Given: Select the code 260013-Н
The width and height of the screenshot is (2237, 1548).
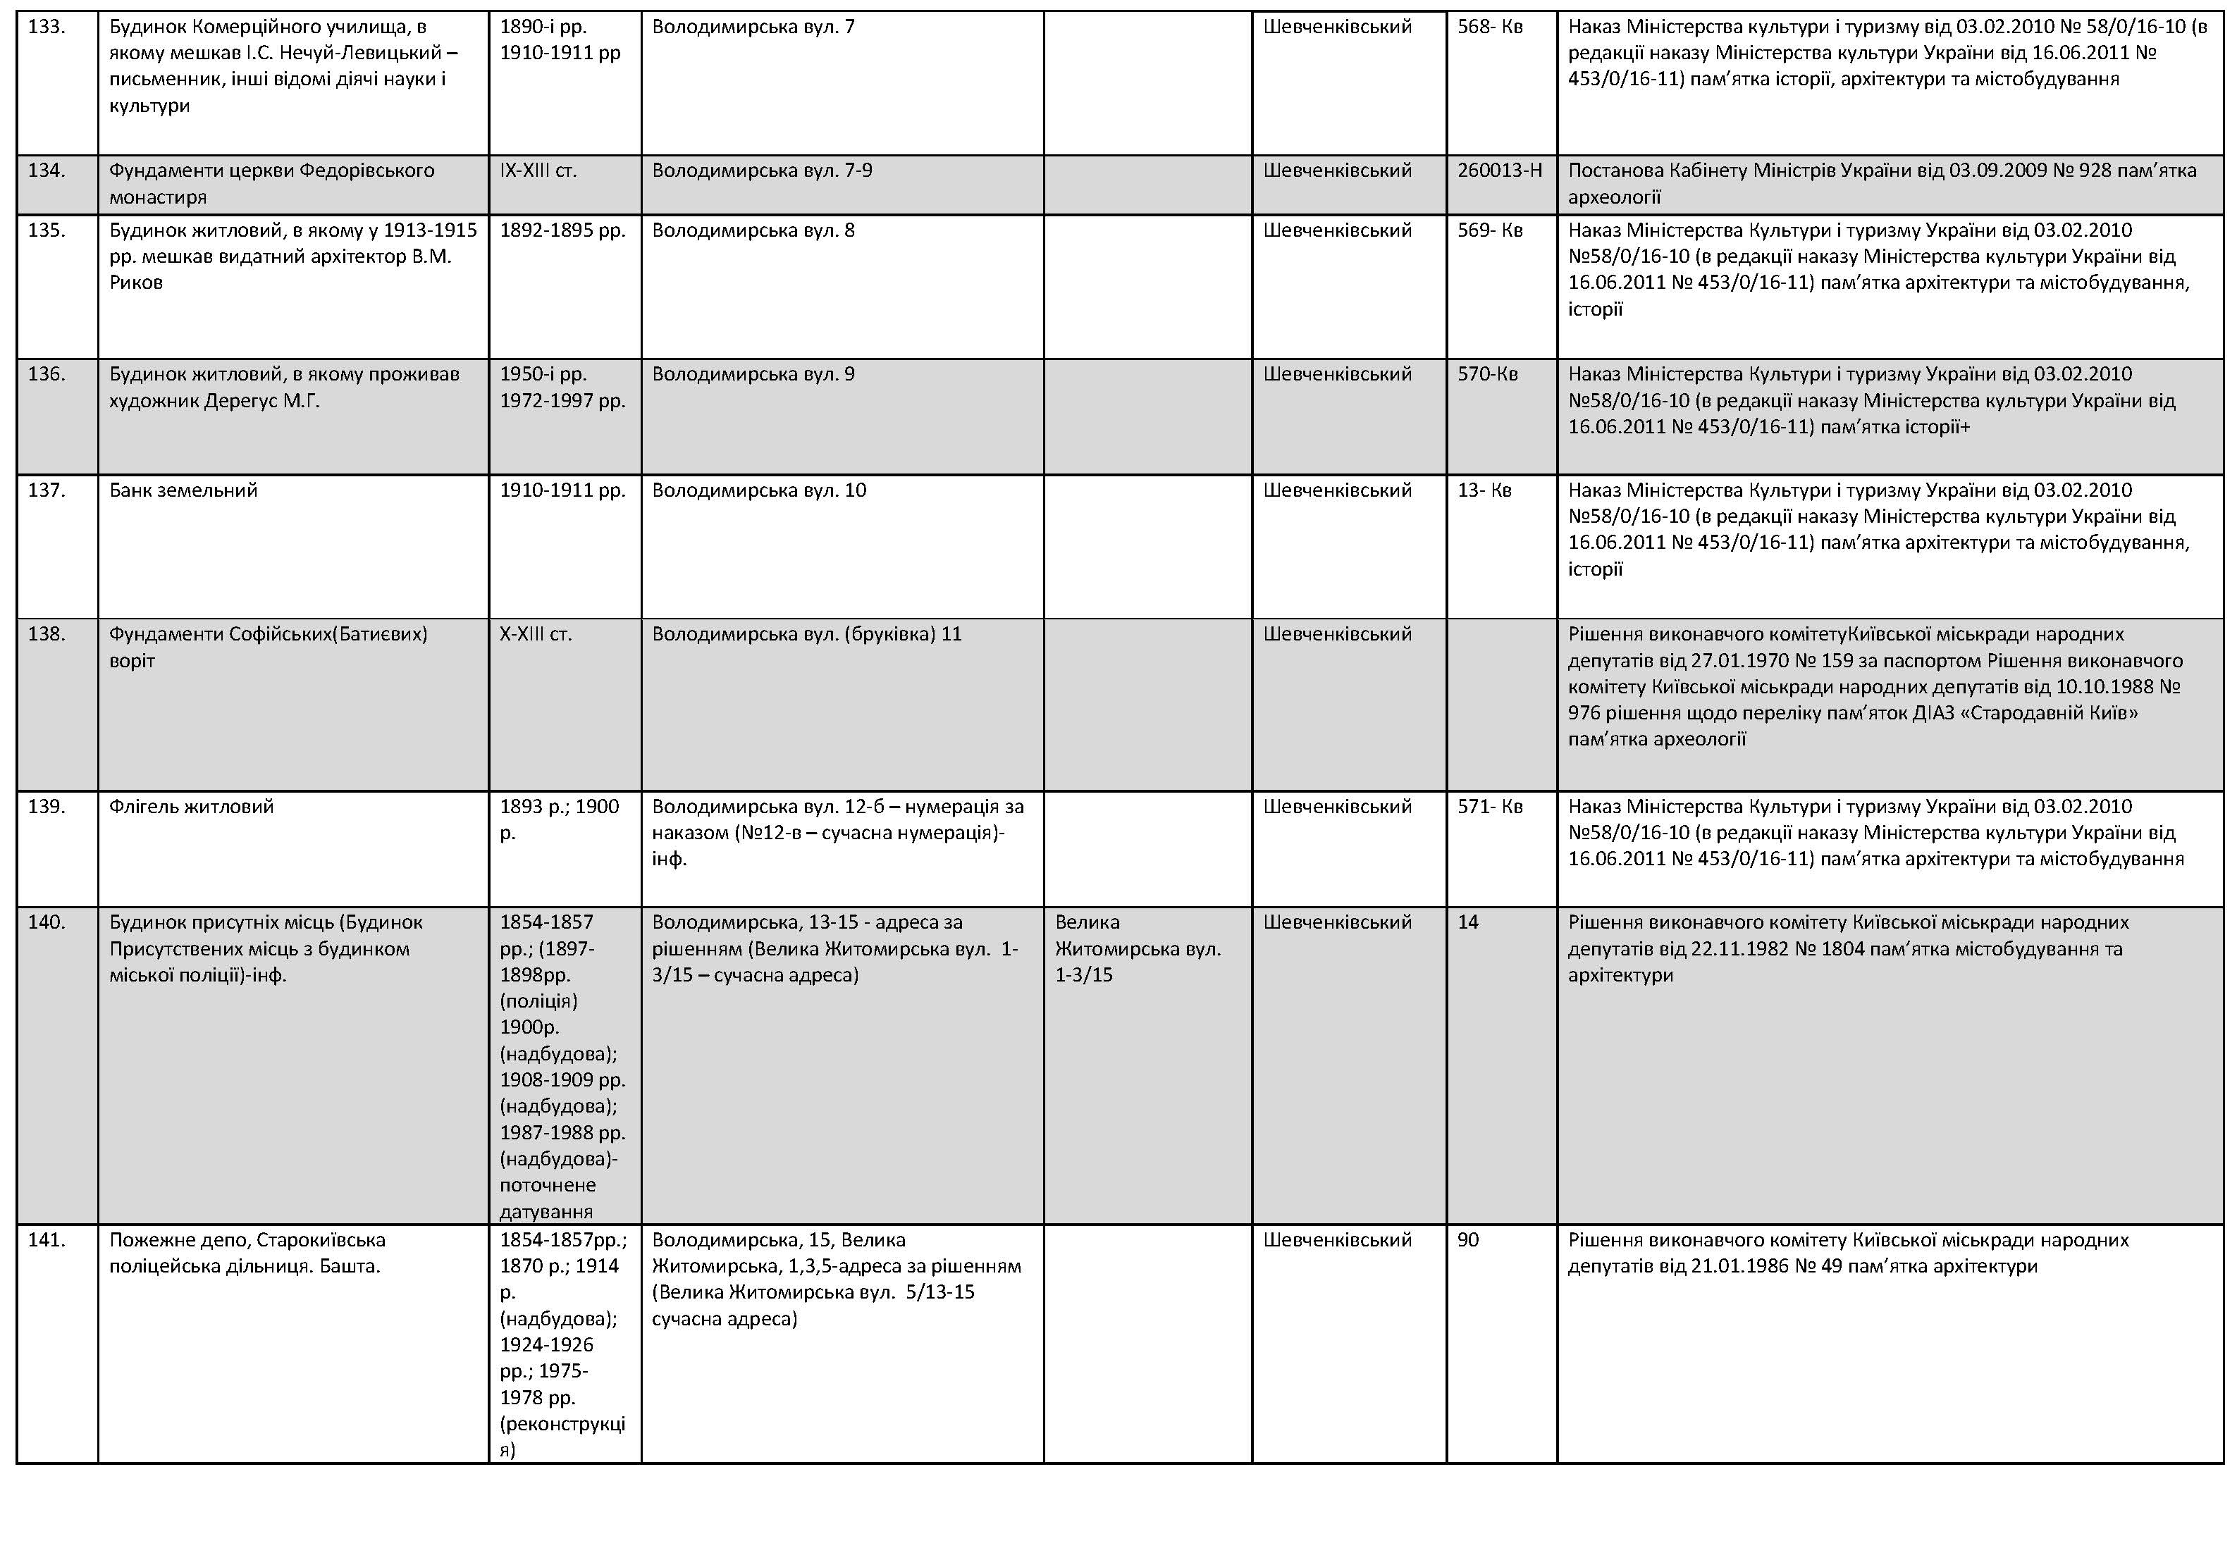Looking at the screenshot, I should click(1499, 171).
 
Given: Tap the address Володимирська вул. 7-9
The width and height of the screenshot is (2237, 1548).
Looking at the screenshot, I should click(761, 171).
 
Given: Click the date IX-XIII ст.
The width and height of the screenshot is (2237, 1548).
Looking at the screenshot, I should click(538, 171).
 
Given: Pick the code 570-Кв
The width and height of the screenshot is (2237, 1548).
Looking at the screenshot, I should click(1487, 374).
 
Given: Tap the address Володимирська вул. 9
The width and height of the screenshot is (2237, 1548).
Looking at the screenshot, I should click(753, 374).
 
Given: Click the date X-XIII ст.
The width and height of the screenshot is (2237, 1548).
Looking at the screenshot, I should click(536, 634).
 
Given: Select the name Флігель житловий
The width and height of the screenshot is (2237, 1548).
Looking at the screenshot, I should click(191, 807).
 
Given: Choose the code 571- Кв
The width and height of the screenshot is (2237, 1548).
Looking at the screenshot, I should click(1489, 807).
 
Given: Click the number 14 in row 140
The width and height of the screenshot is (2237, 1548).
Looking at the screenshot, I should click(1468, 922).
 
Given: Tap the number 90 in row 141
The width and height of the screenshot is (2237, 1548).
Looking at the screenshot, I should click(1468, 1239).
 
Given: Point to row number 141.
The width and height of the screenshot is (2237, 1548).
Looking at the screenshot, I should click(47, 1239).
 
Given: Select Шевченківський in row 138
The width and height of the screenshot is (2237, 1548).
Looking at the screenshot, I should click(1337, 634).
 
